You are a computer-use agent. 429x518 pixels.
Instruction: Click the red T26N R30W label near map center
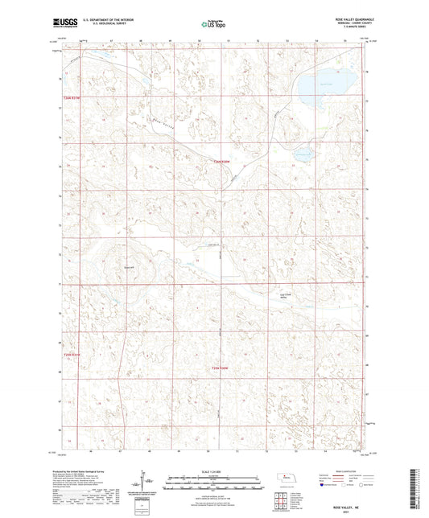tap(221, 162)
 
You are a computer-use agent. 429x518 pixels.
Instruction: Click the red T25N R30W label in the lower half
tap(221, 368)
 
